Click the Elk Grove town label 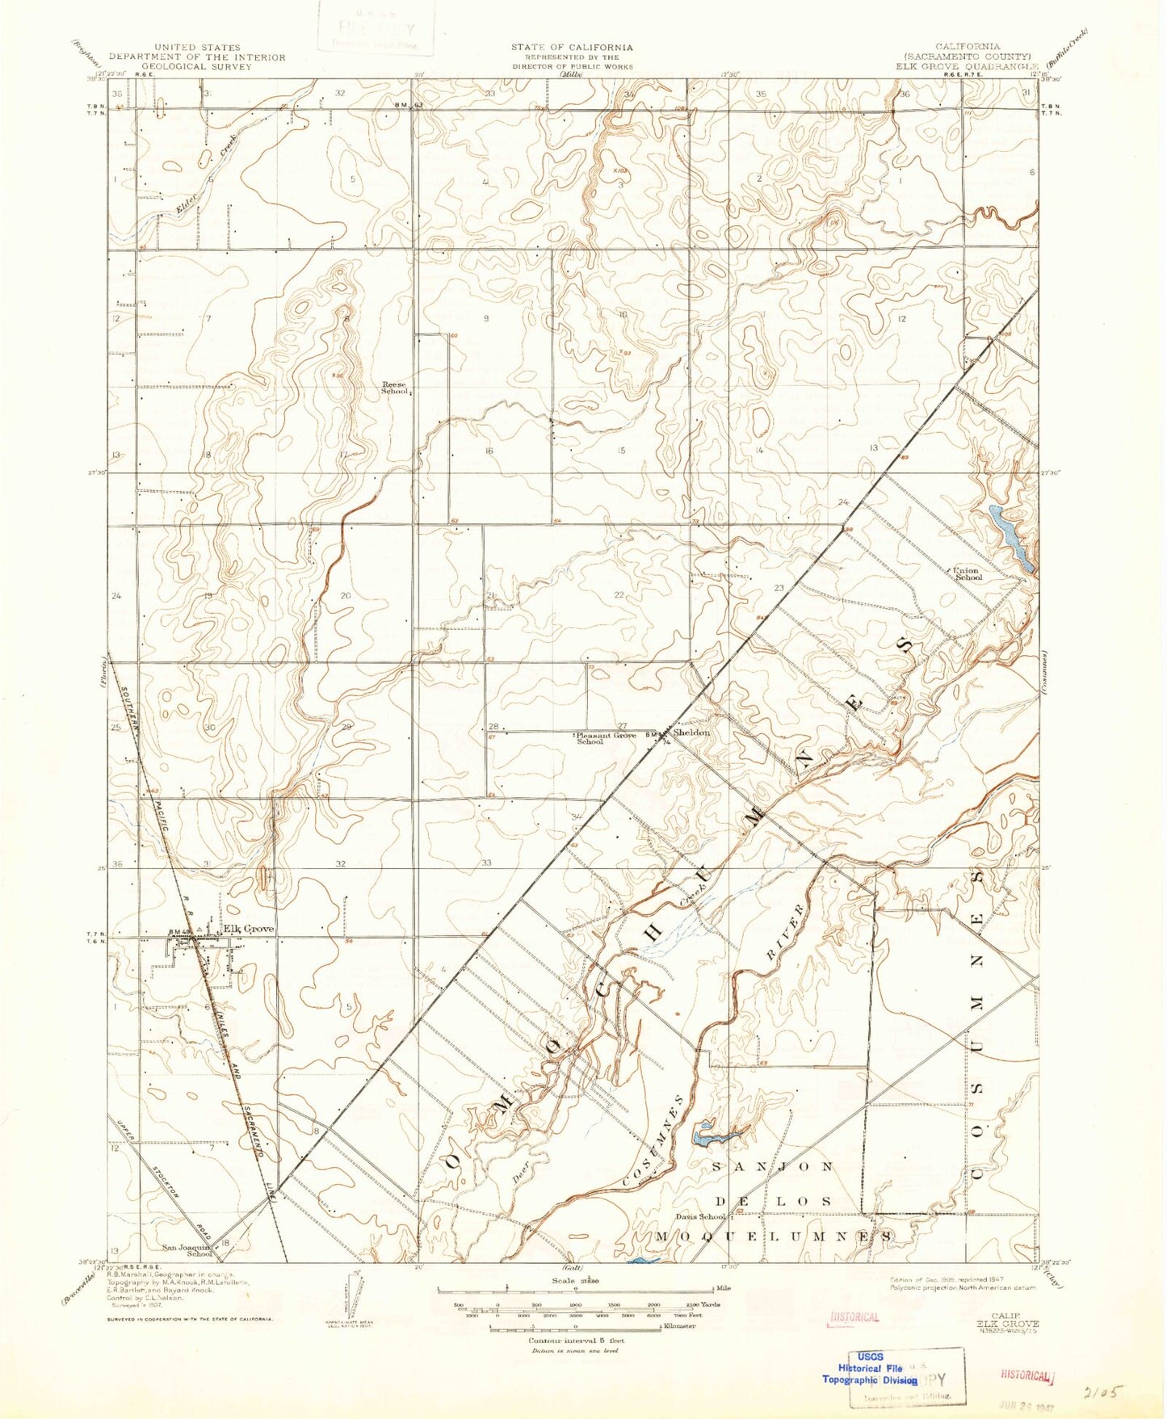[249, 929]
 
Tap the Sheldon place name [691, 733]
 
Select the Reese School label [395, 388]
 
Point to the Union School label [968, 573]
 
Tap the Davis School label [700, 1216]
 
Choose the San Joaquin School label [188, 1250]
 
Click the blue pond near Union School [1010, 535]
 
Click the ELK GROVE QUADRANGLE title [966, 66]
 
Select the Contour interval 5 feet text [571, 1341]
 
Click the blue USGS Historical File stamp [870, 1368]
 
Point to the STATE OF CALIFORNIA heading [571, 48]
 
